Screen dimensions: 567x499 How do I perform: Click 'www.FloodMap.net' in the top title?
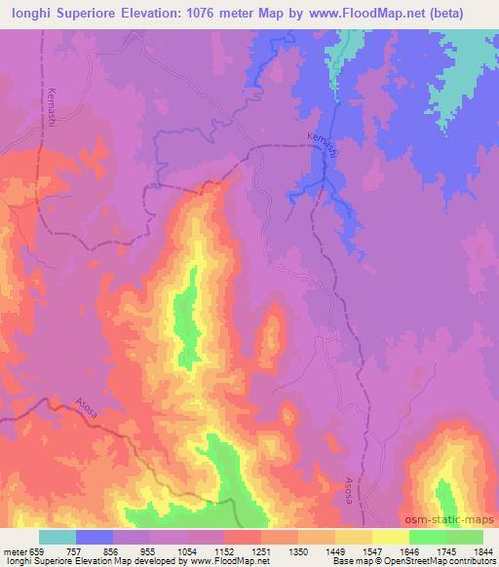354,12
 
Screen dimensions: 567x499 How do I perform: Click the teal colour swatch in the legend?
58,537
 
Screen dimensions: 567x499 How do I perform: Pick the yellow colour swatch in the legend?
391,537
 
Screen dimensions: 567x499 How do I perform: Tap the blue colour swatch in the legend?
95,537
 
